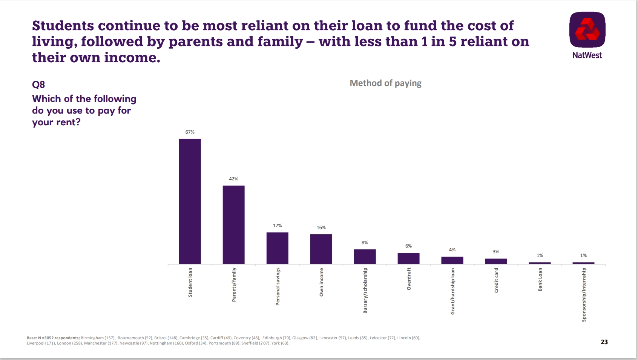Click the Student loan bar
(190, 201)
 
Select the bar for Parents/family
(233, 225)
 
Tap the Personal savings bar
(277, 248)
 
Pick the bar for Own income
(321, 249)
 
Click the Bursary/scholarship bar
(365, 257)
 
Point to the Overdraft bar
(408, 258)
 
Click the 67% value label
(190, 132)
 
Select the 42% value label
(233, 179)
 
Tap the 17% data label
(277, 226)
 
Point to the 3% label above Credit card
(496, 252)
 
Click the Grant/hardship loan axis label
(452, 291)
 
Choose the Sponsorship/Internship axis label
(584, 294)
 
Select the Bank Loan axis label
(540, 279)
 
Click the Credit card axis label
(496, 280)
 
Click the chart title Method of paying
(385, 83)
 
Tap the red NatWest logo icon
(587, 30)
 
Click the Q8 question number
(38, 85)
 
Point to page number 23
(604, 342)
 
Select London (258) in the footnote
(69, 343)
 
